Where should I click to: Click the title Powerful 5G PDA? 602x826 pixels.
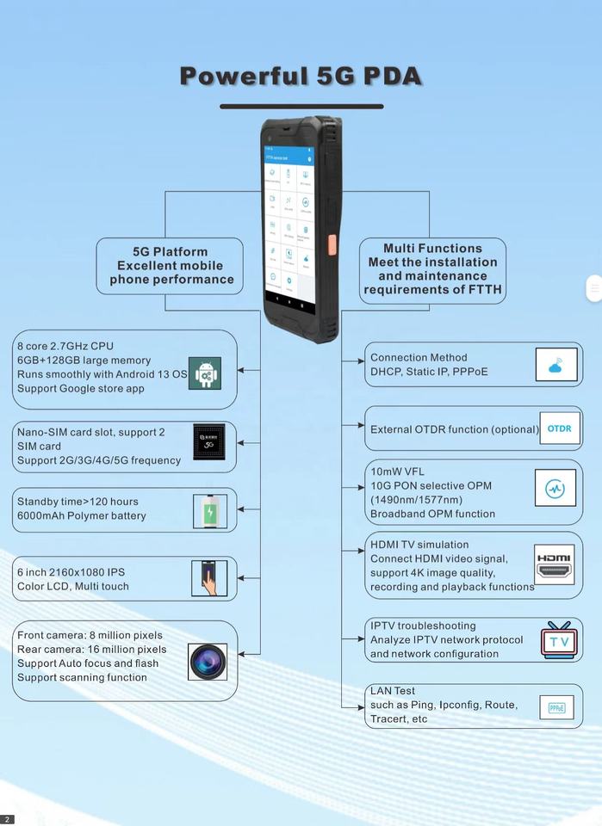(301, 76)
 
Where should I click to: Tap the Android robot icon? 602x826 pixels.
(205, 373)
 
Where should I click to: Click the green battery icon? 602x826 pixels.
(209, 512)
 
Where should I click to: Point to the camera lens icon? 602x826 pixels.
(208, 662)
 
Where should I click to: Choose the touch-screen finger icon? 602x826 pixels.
(208, 578)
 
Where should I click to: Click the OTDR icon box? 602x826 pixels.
(559, 428)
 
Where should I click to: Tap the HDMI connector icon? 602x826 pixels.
(554, 564)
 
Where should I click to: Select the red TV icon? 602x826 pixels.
(559, 640)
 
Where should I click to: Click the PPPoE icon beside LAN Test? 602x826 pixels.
(556, 708)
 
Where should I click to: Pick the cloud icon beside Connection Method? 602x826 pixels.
(556, 366)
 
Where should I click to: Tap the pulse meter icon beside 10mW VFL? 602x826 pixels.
(555, 489)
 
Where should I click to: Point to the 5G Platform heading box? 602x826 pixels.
(171, 266)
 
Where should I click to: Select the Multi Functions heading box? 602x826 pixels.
(432, 269)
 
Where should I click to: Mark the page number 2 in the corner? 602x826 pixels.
(7, 819)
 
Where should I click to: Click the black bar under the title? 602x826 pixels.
(301, 107)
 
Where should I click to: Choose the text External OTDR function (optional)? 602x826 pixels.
(454, 429)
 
